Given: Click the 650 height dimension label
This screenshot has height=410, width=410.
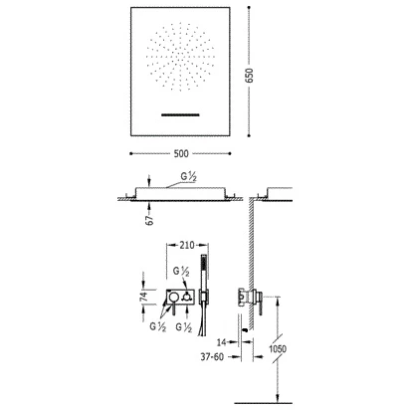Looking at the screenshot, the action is point(249,76).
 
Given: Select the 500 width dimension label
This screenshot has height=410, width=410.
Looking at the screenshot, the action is point(181,153).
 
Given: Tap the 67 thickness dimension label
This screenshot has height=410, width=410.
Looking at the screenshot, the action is point(150,220).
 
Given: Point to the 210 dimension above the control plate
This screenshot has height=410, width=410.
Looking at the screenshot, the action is point(187,245).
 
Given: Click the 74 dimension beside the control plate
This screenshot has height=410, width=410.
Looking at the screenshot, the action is point(143,297).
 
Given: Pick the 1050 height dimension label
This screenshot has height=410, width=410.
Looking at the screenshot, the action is point(278,349).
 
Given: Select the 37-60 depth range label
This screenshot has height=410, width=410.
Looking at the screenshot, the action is point(212,357).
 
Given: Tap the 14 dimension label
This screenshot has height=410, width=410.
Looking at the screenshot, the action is point(222,342).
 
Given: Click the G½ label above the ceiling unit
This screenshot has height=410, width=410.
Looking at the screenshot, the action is point(189,177).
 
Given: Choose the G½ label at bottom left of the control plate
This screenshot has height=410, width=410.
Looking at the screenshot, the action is point(158,326).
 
